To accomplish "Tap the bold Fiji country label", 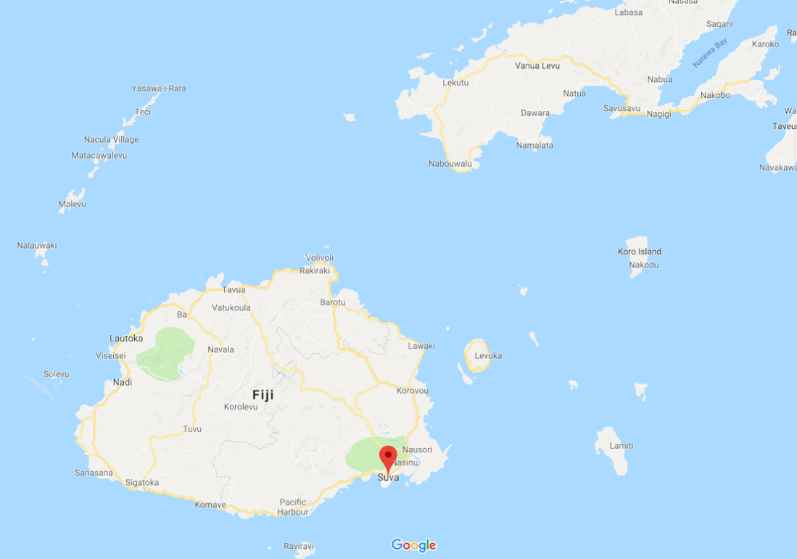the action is coord(263,395).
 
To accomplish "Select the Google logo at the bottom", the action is coord(413,545).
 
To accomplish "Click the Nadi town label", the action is coord(123,382).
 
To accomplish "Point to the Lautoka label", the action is coord(125,338).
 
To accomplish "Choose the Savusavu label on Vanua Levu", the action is coord(622,108).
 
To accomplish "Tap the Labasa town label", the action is coord(628,12).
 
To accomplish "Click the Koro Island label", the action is coord(639,252).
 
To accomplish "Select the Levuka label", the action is coord(488,356).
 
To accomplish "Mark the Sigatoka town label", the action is coord(141,482).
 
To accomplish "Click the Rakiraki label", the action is coord(314,271).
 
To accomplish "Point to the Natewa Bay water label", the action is coord(709,54).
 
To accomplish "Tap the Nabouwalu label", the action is coord(450,164).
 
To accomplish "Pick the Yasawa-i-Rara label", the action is coord(158,88).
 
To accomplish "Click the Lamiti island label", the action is coord(622,445).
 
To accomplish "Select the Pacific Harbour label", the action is coord(293,506).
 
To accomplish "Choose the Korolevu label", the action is coord(240,407).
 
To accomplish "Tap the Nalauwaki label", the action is coord(36,246).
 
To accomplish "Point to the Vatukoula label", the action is coord(231,307).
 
